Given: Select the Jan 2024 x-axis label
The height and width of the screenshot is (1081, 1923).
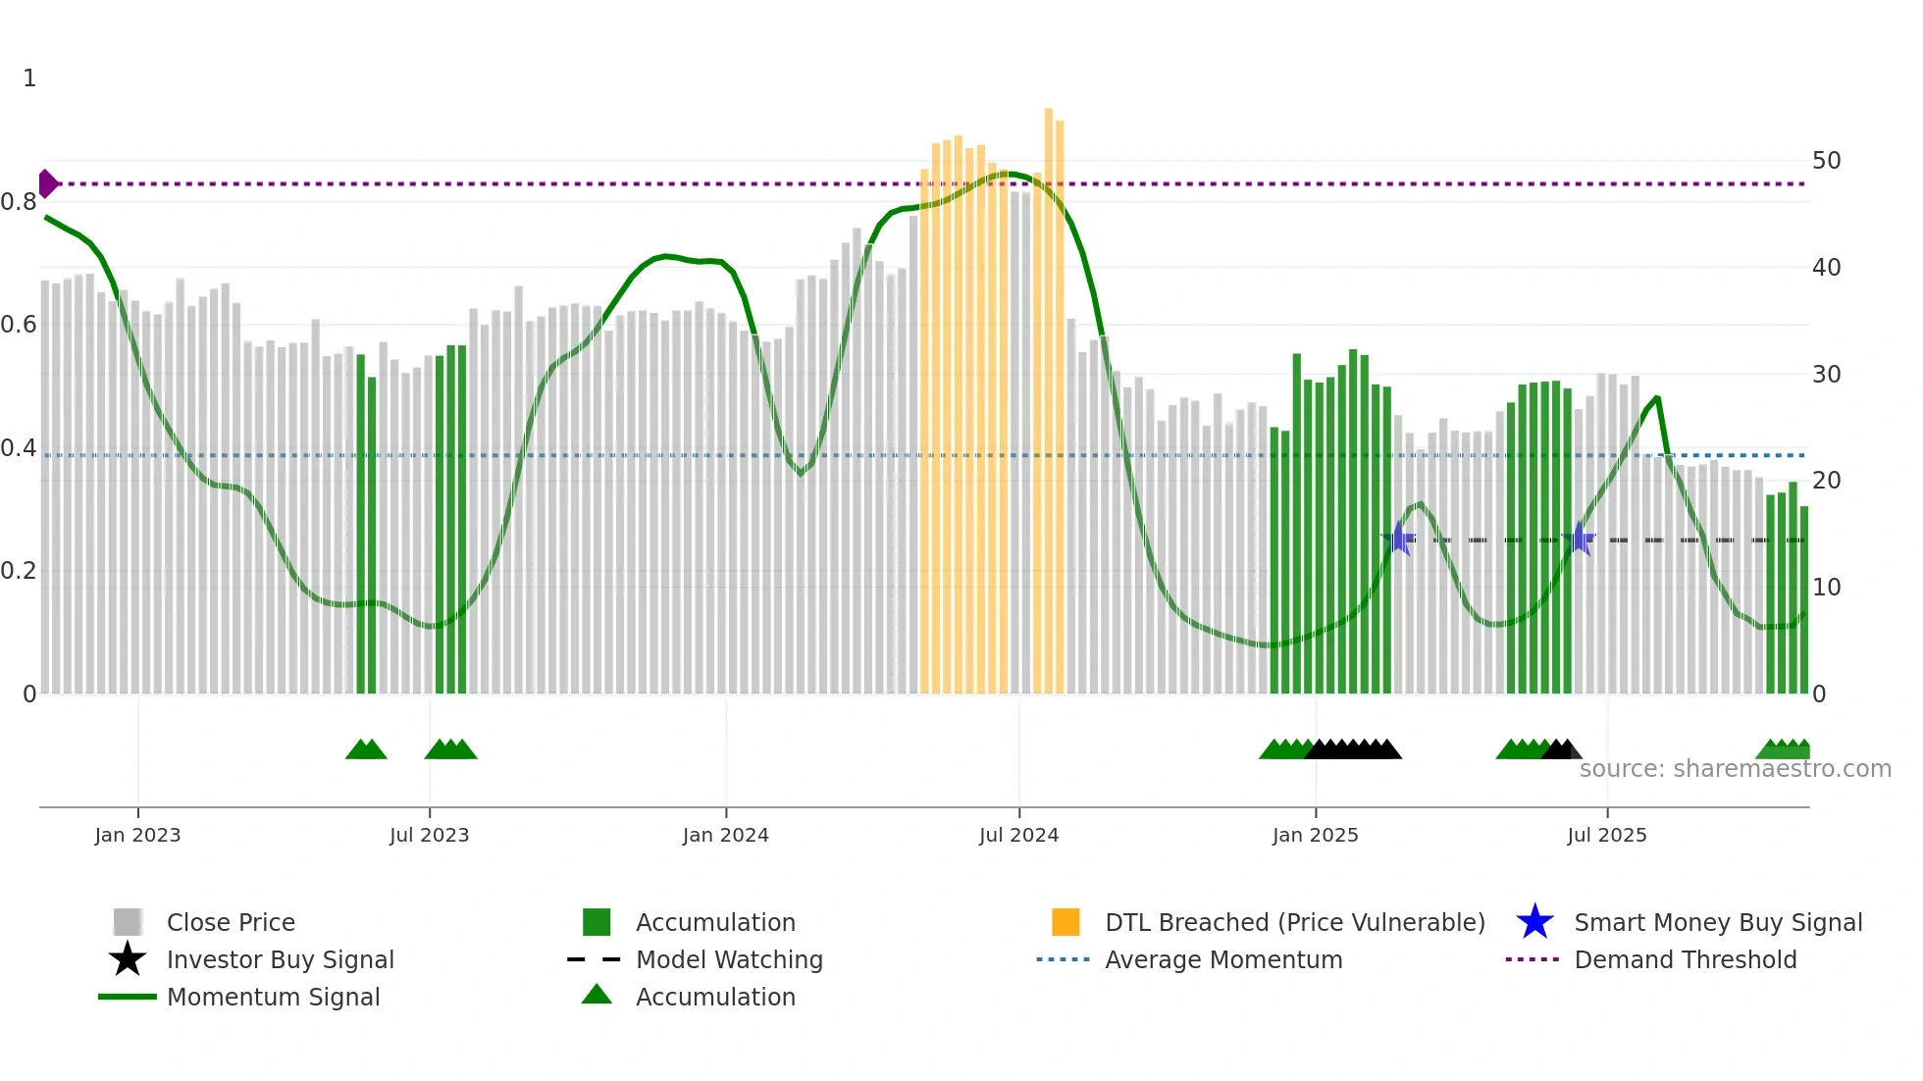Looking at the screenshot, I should pos(725,835).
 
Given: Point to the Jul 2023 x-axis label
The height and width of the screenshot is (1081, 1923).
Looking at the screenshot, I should pos(429,835).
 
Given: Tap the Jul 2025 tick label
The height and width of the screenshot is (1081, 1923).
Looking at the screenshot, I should pos(1606,835).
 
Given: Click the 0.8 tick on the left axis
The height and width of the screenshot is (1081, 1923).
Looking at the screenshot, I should pos(19,202).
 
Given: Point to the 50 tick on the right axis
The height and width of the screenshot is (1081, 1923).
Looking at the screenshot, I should pos(1826,161).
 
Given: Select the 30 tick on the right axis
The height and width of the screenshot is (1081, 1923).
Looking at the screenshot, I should pos(1826,375).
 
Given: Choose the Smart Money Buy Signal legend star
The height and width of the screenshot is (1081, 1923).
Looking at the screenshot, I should pos(1534,922).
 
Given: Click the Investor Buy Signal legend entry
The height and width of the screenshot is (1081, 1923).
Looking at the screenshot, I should pos(280,959).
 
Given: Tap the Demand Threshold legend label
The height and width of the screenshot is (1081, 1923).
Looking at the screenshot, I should pos(1685,959).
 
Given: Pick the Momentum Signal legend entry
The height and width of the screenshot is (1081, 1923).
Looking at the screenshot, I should pos(273,997).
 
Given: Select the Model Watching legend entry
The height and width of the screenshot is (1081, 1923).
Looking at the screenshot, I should pos(729,959).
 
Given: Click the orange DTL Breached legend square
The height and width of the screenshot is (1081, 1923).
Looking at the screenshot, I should pos(1065,922).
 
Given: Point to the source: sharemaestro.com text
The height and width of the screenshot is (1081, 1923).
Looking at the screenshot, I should pos(1735,769).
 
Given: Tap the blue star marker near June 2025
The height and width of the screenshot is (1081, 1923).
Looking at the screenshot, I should pos(1580,539).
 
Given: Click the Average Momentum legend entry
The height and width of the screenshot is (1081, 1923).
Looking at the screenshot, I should pos(1222,959).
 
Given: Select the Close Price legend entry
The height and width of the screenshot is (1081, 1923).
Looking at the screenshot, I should pos(231,922).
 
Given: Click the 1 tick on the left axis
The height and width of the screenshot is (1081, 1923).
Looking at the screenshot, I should pos(29,78).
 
